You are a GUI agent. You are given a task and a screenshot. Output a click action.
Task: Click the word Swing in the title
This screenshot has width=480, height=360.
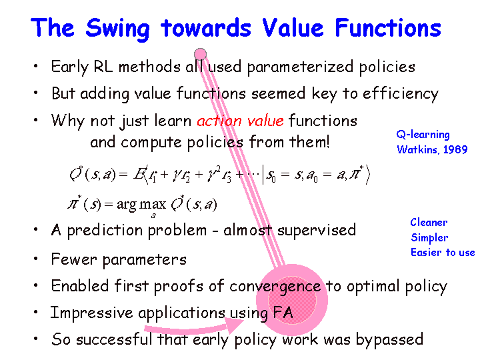(x=117, y=29)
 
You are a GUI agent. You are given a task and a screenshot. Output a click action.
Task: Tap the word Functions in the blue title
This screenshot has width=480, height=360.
(x=388, y=27)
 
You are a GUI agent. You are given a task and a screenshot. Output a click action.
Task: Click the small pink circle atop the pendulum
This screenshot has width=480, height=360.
(x=200, y=54)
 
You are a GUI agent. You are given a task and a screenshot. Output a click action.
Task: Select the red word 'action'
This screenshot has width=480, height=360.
(x=219, y=121)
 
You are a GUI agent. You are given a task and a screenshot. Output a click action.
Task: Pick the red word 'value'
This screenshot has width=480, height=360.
(x=265, y=121)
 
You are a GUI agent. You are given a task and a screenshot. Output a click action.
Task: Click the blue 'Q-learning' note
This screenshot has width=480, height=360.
(x=423, y=135)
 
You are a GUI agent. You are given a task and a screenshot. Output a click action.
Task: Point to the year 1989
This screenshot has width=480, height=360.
(x=455, y=149)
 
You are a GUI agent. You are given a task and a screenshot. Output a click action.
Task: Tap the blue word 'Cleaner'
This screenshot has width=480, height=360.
(x=429, y=222)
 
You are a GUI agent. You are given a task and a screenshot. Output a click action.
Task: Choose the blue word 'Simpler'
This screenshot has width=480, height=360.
(x=429, y=237)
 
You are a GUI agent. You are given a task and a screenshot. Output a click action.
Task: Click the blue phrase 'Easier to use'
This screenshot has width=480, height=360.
(x=443, y=253)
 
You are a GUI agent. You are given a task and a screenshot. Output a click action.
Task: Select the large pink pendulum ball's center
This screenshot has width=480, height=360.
(x=292, y=300)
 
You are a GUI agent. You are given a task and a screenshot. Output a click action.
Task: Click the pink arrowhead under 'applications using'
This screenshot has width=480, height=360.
(x=234, y=325)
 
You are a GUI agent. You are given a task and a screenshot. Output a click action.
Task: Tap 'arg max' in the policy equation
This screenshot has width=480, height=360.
(x=141, y=204)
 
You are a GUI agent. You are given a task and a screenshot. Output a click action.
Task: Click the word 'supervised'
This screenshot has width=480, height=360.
(x=317, y=230)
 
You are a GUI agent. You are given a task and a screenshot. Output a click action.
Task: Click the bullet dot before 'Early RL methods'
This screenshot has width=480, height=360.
(x=36, y=65)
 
